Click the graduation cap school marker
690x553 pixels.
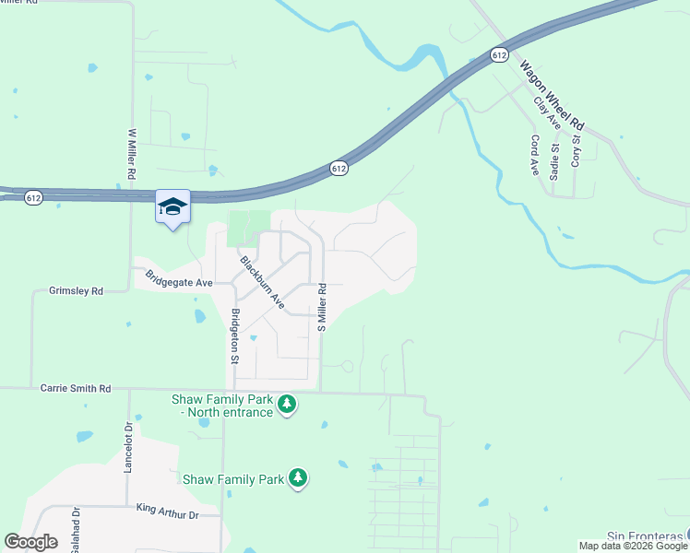tap(172, 206)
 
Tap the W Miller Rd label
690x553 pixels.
tap(132, 153)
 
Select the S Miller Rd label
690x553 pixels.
tap(322, 307)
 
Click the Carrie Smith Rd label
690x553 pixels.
tap(76, 389)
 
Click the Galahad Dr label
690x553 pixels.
tap(76, 527)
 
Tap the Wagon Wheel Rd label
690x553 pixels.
tap(553, 95)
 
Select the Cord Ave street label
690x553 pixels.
tap(534, 154)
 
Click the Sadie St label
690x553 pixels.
tap(554, 160)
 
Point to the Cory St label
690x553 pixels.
tap(576, 150)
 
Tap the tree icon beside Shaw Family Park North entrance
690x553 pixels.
tap(287, 404)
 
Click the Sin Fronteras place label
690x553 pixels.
tap(647, 535)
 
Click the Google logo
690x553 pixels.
tap(30, 542)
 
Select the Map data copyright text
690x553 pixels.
tap(632, 546)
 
